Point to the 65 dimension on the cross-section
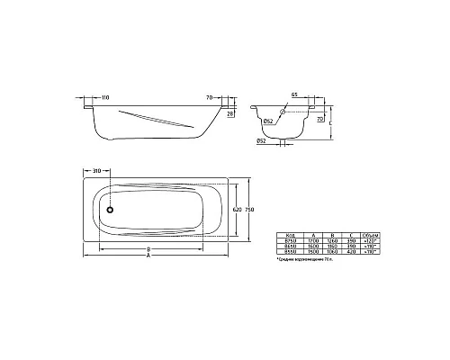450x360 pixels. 293,94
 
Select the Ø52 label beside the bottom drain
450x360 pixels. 261,141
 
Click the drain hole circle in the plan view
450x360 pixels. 111,211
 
